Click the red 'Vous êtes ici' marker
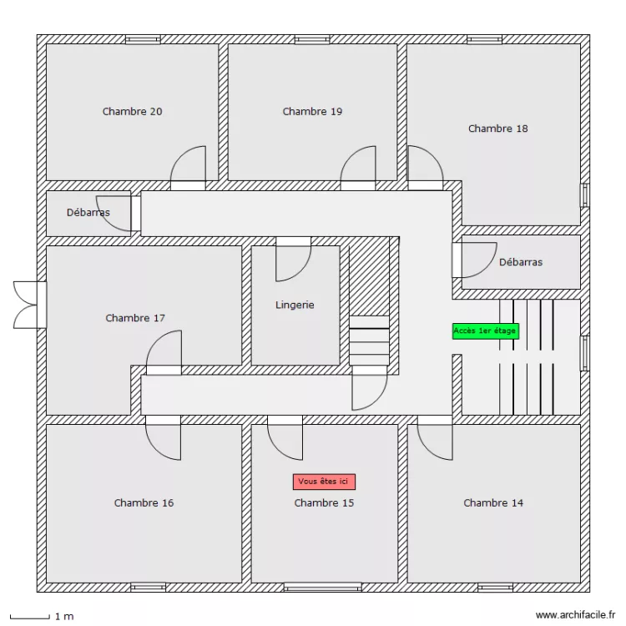click(x=325, y=482)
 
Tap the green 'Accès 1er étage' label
click(x=485, y=331)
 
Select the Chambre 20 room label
click(x=132, y=111)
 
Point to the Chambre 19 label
click(x=312, y=111)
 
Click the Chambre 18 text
click(x=497, y=129)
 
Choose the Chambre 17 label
click(x=135, y=318)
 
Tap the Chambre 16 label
click(x=144, y=502)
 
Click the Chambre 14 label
click(x=493, y=502)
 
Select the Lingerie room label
click(x=295, y=305)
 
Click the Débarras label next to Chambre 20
click(x=88, y=213)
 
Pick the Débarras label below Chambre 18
click(x=521, y=262)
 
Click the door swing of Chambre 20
click(x=189, y=164)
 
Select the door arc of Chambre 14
click(x=435, y=441)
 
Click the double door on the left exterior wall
click(x=28, y=305)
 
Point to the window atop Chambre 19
click(x=312, y=39)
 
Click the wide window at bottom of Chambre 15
click(x=322, y=587)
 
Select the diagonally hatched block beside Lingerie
click(x=369, y=275)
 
